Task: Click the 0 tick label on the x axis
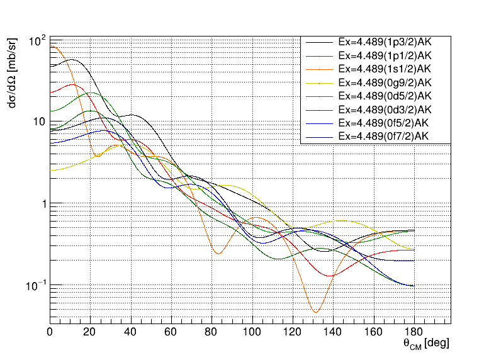coord(50,332)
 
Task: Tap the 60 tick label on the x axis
coord(171,332)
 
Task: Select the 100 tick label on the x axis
coord(252,332)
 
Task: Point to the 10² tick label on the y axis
coord(38,42)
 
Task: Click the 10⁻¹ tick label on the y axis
coord(37,286)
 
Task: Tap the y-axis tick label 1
coord(43,205)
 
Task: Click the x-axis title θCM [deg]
coord(426,344)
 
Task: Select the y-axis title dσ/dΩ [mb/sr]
coord(13,77)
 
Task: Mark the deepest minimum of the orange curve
coord(315,312)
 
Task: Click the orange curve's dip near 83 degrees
coord(218,253)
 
